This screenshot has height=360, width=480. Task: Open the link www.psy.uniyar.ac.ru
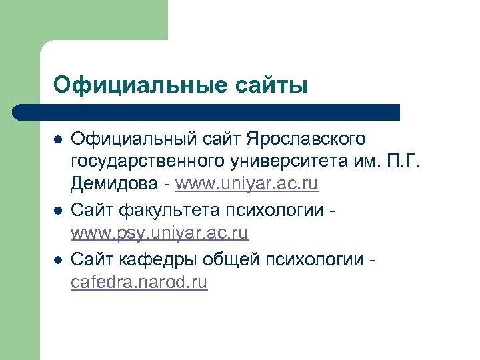[x=159, y=233]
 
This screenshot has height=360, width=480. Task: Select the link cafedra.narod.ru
[x=139, y=283]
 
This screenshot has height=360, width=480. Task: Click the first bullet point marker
[x=58, y=139]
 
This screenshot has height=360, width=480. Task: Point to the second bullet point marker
[x=58, y=211]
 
